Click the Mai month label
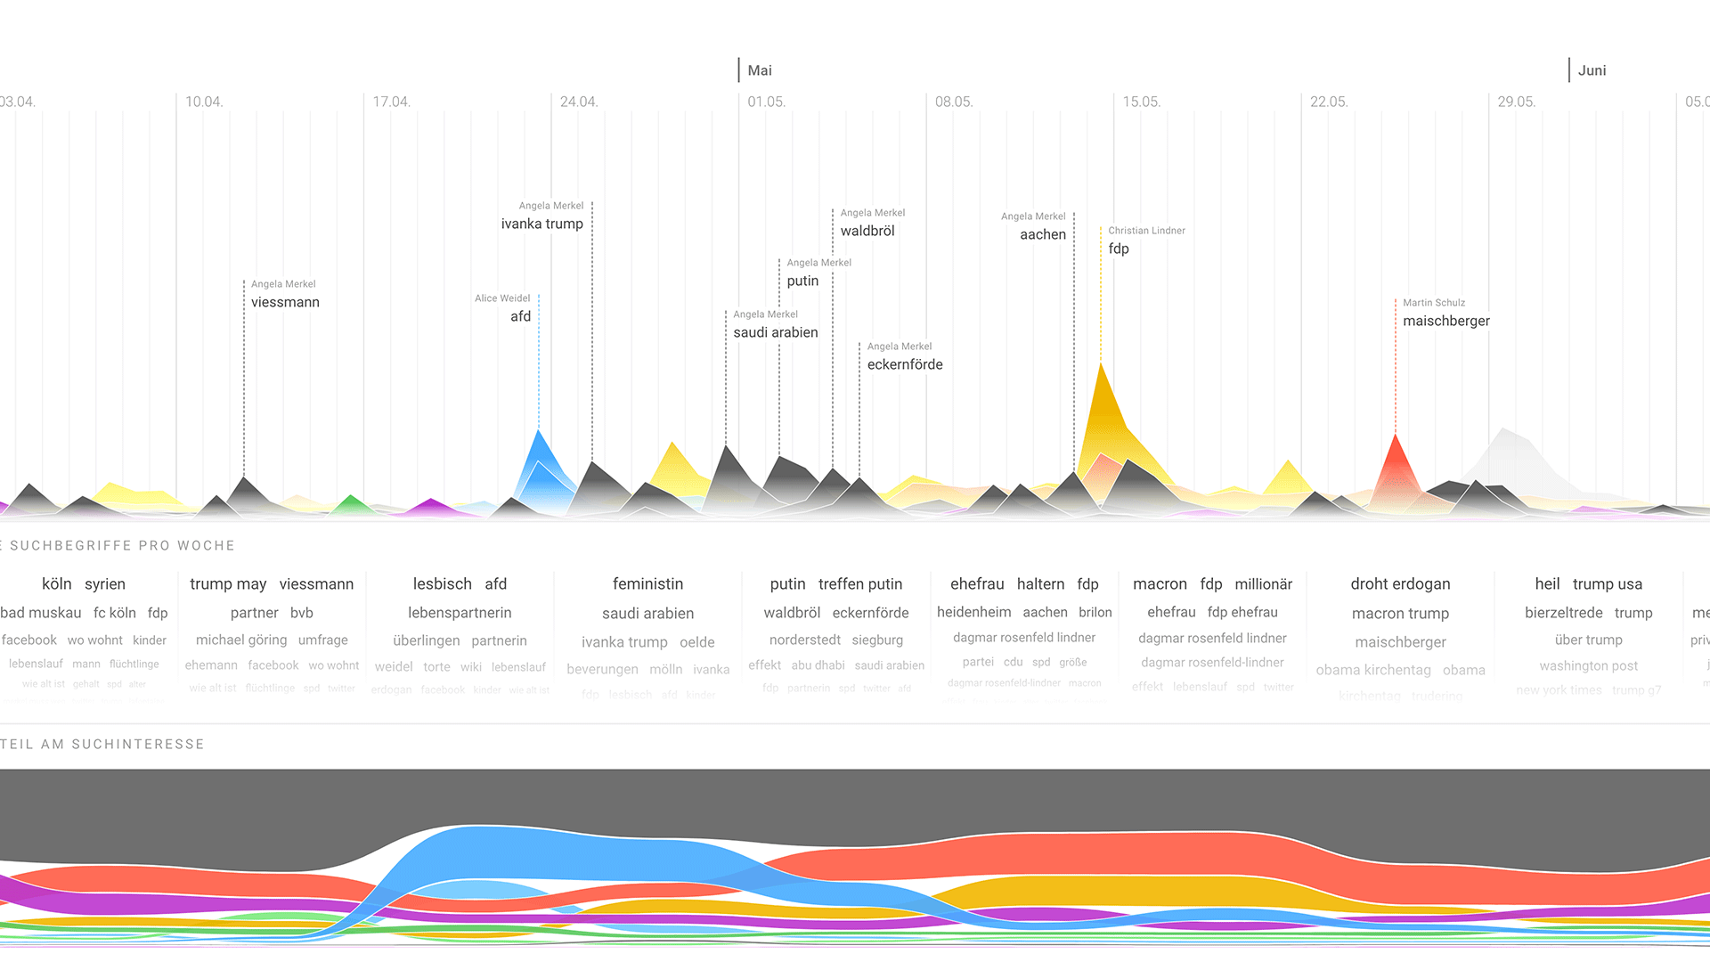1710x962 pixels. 760,70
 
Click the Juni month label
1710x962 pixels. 1592,70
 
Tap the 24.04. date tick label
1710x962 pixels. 578,102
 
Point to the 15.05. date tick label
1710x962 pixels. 1141,102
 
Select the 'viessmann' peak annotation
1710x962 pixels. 285,302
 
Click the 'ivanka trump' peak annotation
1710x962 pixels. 541,224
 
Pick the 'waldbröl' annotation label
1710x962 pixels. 867,231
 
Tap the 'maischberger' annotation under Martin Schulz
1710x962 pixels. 1445,321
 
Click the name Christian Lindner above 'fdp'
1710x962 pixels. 1146,231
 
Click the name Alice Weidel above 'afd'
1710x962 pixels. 502,298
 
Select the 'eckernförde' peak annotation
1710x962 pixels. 904,364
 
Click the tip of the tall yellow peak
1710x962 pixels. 1102,364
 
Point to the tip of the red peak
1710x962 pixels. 1396,436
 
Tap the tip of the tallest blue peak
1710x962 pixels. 538,431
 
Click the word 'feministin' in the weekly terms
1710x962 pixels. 647,584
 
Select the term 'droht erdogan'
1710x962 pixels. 1400,584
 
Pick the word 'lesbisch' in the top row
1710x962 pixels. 442,584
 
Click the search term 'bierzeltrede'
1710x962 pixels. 1563,613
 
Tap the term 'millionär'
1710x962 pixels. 1263,584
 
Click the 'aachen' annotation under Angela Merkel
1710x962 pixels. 1042,234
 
